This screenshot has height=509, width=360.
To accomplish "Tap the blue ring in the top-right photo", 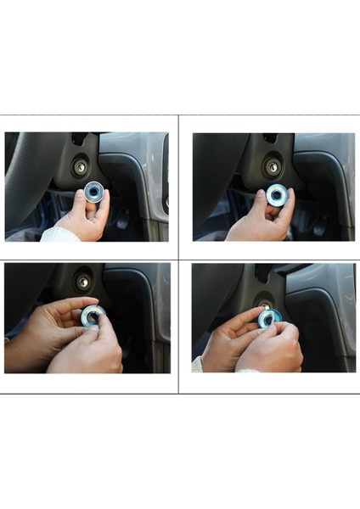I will [277, 195].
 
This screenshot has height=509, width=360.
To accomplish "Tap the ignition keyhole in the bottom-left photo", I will [83, 281].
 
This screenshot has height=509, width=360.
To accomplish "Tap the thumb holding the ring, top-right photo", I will [262, 200].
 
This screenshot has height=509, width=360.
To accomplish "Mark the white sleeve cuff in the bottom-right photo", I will [197, 363].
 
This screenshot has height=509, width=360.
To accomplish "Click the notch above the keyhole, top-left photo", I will [78, 139].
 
